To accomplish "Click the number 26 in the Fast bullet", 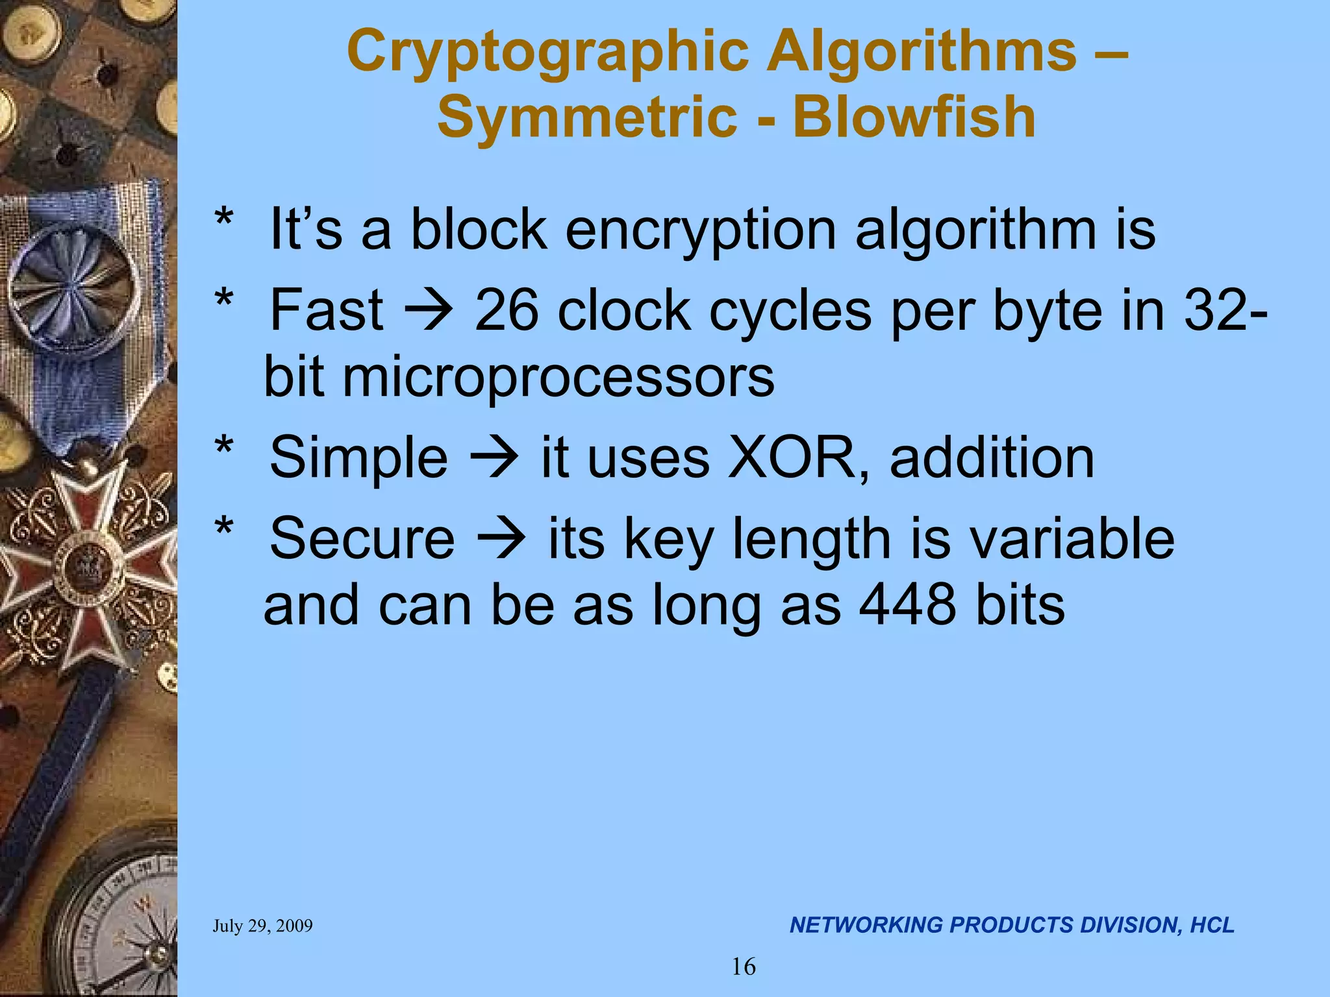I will click(x=507, y=310).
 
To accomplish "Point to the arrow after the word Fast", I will click(x=429, y=312).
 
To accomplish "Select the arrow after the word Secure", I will click(x=501, y=539).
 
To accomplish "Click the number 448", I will click(x=907, y=604).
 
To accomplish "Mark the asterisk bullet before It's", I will click(x=224, y=221).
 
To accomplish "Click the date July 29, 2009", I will click(x=262, y=926).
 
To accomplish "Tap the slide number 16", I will click(x=744, y=967).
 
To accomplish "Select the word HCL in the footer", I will click(x=1212, y=925).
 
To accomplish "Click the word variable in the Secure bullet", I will click(x=1072, y=539).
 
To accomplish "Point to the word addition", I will click(x=992, y=458).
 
